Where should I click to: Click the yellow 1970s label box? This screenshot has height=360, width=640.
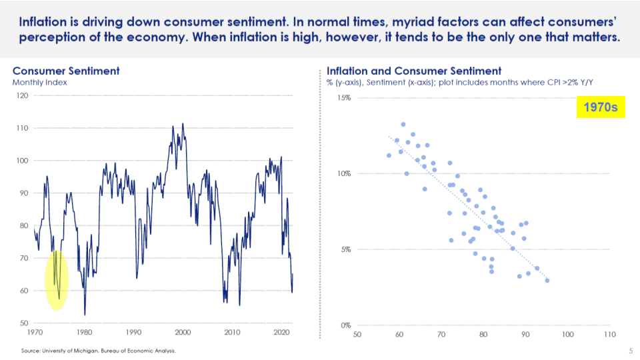600,107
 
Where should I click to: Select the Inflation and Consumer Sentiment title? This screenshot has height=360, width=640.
413,71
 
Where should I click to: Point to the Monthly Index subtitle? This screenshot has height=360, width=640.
39,83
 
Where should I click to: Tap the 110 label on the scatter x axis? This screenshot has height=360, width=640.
608,335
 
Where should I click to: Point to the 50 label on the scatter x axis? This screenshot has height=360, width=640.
357,335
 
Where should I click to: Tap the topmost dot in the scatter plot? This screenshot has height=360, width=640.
403,124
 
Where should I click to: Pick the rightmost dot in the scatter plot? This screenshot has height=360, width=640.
547,280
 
